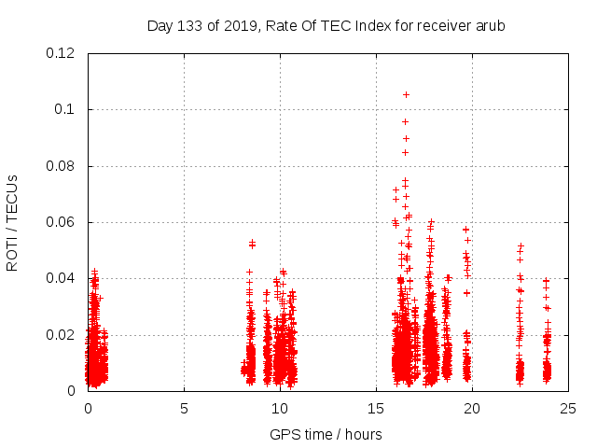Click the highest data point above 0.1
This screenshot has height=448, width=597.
[x=406, y=94]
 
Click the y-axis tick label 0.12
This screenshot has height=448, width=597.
[x=61, y=53]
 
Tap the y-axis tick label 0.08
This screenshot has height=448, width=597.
[x=61, y=166]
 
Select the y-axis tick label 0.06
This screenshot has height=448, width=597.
[x=61, y=222]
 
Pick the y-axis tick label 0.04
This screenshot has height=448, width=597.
[x=61, y=278]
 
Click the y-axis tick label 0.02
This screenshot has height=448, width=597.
[x=61, y=334]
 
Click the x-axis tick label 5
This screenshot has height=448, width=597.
[x=184, y=408]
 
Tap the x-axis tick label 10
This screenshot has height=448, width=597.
[x=280, y=408]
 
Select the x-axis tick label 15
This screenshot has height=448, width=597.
[x=376, y=408]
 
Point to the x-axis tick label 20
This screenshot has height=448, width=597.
[x=472, y=408]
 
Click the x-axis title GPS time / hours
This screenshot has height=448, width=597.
[x=326, y=434]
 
